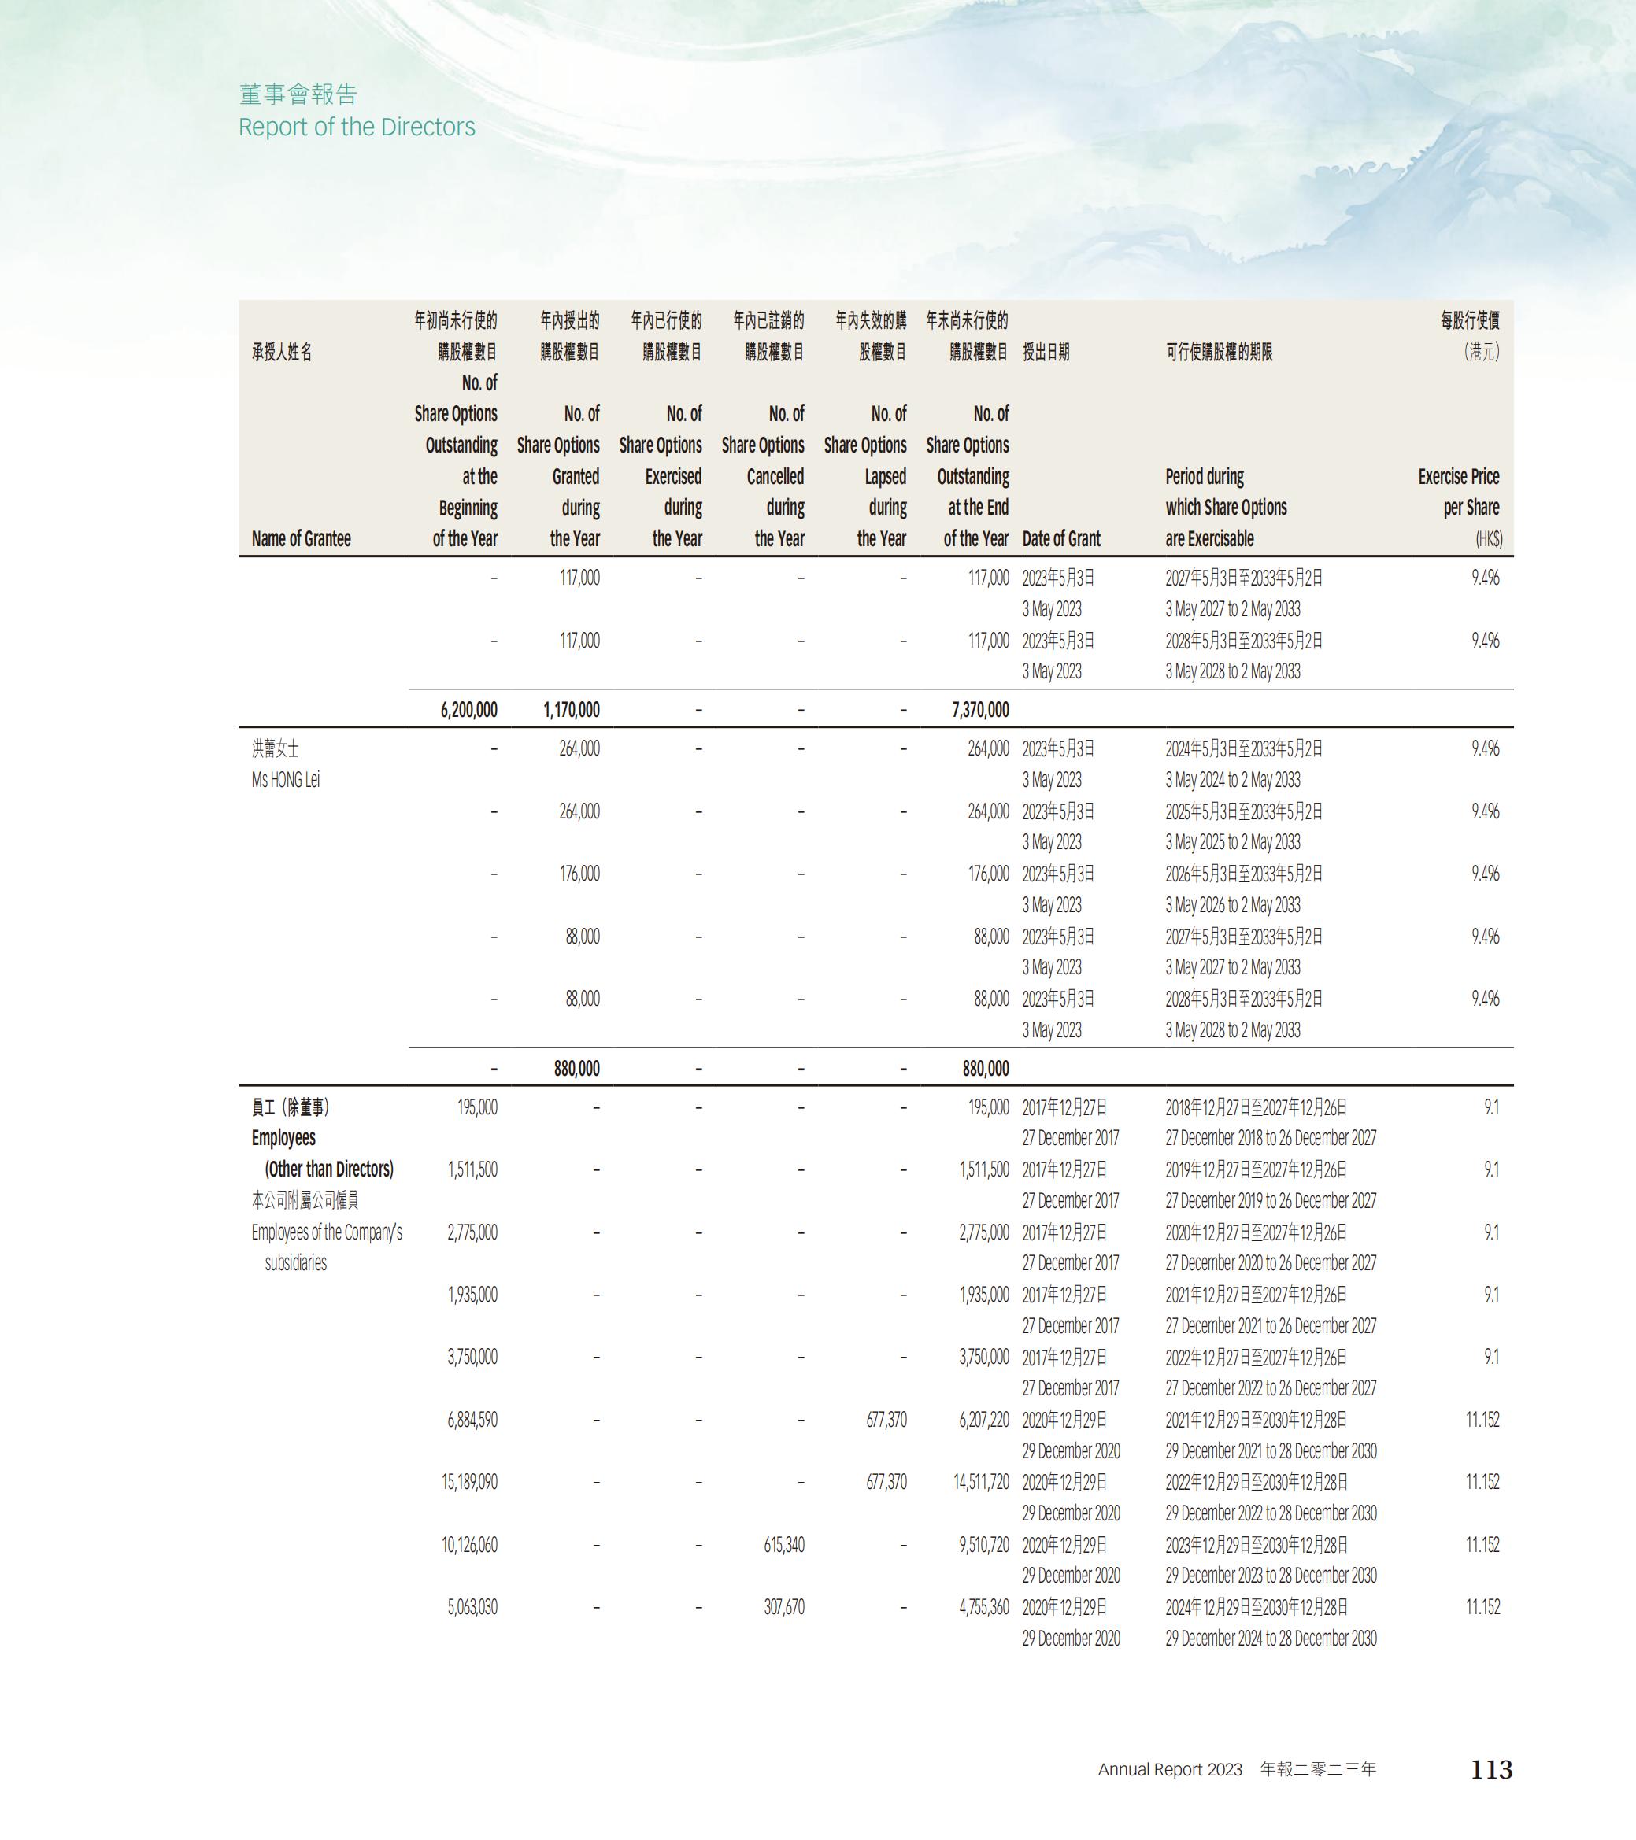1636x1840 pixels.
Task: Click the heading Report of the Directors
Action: pyautogui.click(x=357, y=127)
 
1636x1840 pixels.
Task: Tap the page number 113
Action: pyautogui.click(x=1491, y=1769)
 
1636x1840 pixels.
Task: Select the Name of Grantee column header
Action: pyautogui.click(x=301, y=538)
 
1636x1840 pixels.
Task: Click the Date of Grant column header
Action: pyautogui.click(x=1060, y=538)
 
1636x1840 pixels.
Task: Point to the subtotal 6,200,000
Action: pyautogui.click(x=468, y=709)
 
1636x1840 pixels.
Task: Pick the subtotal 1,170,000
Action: pyautogui.click(x=571, y=709)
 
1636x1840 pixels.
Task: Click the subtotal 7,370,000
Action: pyautogui.click(x=979, y=709)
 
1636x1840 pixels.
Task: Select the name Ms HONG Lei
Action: pyautogui.click(x=286, y=780)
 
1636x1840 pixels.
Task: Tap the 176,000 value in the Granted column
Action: pyautogui.click(x=579, y=874)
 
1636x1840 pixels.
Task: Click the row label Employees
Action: pyautogui.click(x=283, y=1138)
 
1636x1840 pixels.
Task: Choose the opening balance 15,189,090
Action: pyautogui.click(x=469, y=1482)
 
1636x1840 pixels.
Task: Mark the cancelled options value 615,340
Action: pyautogui.click(x=783, y=1545)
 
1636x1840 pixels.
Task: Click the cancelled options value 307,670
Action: pyautogui.click(x=783, y=1607)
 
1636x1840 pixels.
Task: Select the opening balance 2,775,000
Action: pyautogui.click(x=472, y=1232)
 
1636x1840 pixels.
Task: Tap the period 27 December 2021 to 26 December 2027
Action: pyautogui.click(x=1271, y=1326)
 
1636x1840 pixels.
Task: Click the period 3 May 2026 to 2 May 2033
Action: pyautogui.click(x=1233, y=905)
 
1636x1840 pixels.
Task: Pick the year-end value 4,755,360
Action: pyautogui.click(x=983, y=1607)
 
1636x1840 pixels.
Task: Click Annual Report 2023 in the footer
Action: pyautogui.click(x=1170, y=1770)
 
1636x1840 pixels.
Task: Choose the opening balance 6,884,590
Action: pyautogui.click(x=472, y=1420)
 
